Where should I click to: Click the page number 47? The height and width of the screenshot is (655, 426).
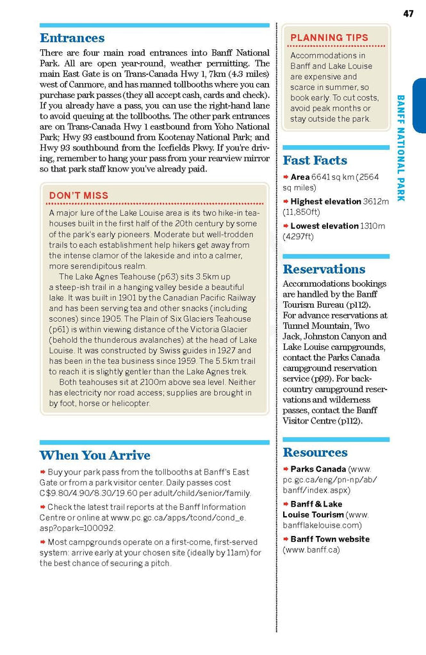(x=408, y=13)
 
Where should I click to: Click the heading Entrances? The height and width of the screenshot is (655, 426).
(x=72, y=38)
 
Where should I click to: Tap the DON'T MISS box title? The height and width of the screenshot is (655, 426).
(x=79, y=196)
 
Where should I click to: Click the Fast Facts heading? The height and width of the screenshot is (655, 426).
(x=315, y=161)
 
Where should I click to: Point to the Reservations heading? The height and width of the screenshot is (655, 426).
(x=324, y=269)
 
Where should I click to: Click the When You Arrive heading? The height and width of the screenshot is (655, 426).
(x=95, y=455)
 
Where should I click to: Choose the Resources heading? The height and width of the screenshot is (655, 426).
(x=315, y=452)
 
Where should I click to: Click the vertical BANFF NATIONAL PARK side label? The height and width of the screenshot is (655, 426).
(x=401, y=148)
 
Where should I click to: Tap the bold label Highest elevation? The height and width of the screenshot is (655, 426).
(x=325, y=201)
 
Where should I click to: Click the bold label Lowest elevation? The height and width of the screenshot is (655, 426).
(x=324, y=226)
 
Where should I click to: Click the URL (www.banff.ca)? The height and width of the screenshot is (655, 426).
(x=311, y=549)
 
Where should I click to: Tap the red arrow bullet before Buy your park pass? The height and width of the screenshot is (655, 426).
(x=42, y=472)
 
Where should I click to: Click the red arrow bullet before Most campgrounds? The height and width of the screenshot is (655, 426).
(x=42, y=542)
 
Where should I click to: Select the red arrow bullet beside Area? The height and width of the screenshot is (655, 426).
(x=286, y=177)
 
